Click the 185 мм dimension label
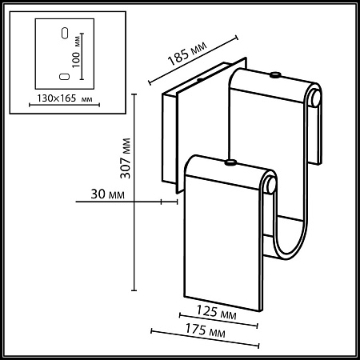tap(187, 54)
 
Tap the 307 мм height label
tap(126, 158)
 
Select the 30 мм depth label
tap(107, 194)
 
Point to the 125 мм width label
tap(216, 312)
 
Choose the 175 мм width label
tap(205, 330)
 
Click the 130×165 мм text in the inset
tap(65, 98)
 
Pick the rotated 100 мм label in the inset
tap(77, 51)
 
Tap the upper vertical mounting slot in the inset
tap(65, 33)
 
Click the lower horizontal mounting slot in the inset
tap(64, 77)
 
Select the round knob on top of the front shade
tap(230, 162)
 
